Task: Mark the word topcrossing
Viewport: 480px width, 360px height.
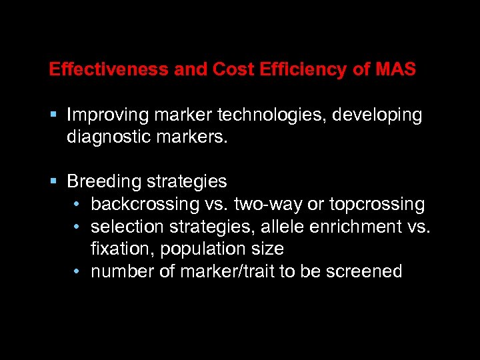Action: [377, 204]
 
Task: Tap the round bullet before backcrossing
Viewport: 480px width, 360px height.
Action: [78, 204]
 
